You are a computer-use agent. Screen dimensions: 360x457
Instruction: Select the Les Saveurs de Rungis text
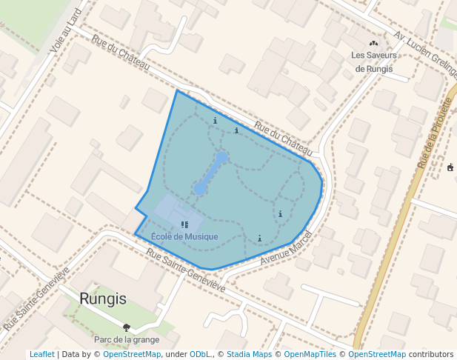tap(374, 61)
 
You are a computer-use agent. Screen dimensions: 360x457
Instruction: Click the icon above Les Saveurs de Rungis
tap(373, 43)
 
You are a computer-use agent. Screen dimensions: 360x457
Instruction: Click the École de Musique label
tap(184, 237)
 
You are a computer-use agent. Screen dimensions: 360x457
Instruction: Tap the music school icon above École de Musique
tap(184, 224)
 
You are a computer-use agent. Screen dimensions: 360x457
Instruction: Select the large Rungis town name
tap(103, 299)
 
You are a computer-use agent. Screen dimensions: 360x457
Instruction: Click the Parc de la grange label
tap(127, 339)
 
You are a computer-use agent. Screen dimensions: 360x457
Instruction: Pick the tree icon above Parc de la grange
tap(127, 327)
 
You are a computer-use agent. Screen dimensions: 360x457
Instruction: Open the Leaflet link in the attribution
tap(41, 354)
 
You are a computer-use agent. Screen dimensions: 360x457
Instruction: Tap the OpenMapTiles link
tap(311, 354)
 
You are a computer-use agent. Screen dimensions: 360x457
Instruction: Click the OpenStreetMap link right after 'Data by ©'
tap(132, 354)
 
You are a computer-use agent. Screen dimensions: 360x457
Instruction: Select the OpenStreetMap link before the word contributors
tap(376, 354)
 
